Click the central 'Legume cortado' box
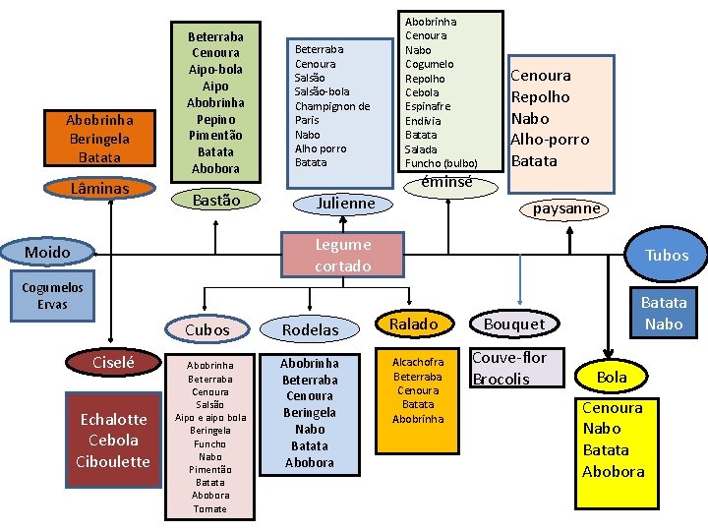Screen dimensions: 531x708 coord(342,255)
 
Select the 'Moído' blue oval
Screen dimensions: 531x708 coord(47,253)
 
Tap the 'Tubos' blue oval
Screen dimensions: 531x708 coord(666,255)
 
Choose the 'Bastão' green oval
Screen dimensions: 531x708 coord(215,200)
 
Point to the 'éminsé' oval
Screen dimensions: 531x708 coord(446,182)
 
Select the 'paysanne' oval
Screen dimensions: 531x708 coord(565,208)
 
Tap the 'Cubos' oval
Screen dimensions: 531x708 coord(206,329)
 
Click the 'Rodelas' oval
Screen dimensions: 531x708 coord(310,329)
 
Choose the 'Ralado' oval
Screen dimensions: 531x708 coord(414,324)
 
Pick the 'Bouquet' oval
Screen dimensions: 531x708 coord(514,324)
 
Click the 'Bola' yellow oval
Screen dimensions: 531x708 coord(611,377)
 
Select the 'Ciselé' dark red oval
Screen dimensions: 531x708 coord(113,363)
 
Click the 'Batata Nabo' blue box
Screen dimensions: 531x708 coord(664,313)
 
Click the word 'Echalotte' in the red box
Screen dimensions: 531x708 coord(113,419)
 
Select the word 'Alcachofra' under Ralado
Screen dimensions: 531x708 coord(418,362)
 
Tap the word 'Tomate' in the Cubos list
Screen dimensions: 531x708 coord(209,508)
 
